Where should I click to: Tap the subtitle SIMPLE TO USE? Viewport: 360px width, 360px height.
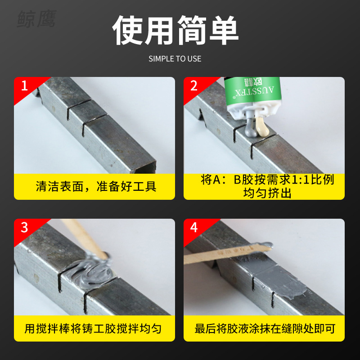[175, 59]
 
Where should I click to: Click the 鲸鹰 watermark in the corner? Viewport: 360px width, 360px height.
[36, 19]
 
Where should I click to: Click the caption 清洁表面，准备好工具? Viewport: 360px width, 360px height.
[96, 187]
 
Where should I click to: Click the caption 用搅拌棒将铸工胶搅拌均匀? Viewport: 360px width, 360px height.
[93, 328]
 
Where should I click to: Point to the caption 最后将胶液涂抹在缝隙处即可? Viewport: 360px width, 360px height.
[265, 328]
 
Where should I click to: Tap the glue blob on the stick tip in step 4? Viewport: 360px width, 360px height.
[265, 246]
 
